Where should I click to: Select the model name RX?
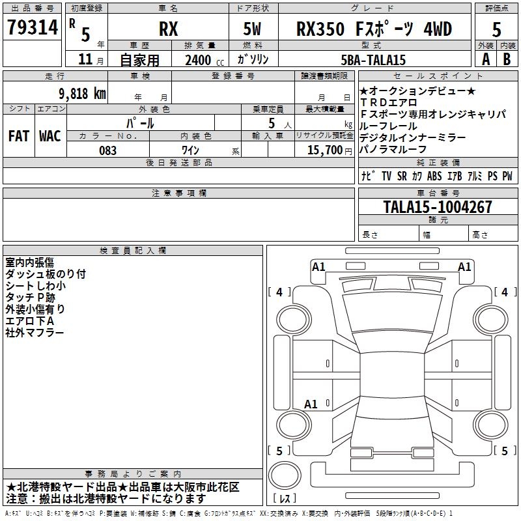point(168,29)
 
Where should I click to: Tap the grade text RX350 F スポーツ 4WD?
point(374,29)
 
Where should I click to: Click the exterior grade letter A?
point(485,59)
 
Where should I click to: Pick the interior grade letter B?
point(507,59)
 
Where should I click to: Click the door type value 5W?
point(253,29)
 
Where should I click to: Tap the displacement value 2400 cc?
point(202,60)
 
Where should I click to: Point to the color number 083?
point(108,150)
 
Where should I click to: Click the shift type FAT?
point(18,136)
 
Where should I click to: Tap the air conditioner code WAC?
point(50,136)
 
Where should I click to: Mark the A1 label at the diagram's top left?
point(318,266)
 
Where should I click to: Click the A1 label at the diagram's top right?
point(464,266)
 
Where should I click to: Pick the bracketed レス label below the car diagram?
point(285,500)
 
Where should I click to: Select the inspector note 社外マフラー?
point(35,333)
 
